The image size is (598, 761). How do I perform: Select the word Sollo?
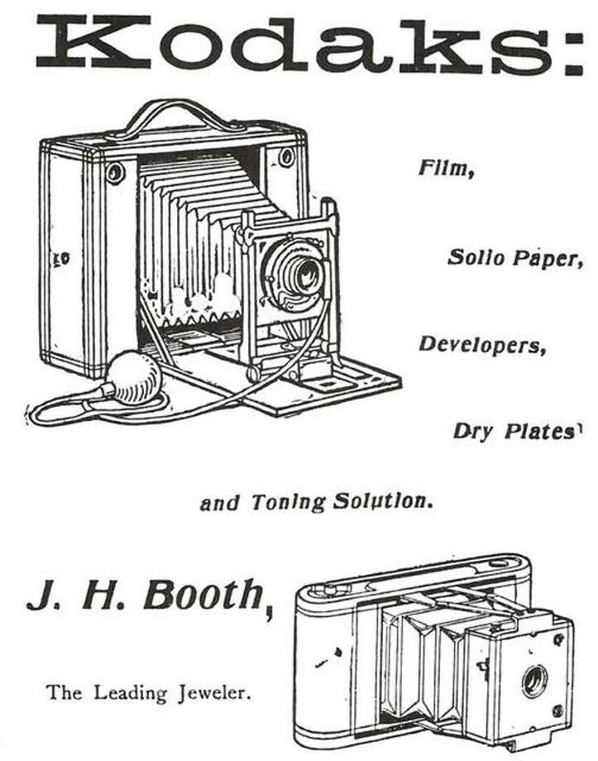point(473,258)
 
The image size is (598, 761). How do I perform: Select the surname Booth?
point(203,595)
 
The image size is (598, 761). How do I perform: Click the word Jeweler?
point(213,692)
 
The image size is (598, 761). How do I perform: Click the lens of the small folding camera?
point(533,680)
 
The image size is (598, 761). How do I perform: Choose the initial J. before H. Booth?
point(40,595)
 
